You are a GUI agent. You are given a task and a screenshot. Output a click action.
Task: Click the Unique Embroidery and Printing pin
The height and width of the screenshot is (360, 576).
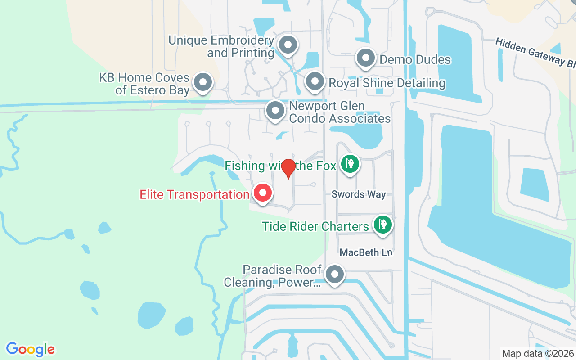pyautogui.click(x=288, y=45)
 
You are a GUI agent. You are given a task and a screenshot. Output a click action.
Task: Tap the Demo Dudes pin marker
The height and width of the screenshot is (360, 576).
pyautogui.click(x=366, y=58)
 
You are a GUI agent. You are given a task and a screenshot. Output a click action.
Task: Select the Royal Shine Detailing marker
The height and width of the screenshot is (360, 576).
pyautogui.click(x=315, y=82)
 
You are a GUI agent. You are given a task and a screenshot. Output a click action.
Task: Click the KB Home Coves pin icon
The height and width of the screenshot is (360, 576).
pyautogui.click(x=202, y=82)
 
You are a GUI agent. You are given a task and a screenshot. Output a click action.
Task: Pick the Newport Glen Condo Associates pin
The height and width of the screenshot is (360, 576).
pyautogui.click(x=275, y=110)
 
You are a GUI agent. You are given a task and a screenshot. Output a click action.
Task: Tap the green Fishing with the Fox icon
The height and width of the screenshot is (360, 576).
pyautogui.click(x=350, y=164)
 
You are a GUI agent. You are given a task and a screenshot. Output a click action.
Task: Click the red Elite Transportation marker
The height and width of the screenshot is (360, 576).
pyautogui.click(x=263, y=193)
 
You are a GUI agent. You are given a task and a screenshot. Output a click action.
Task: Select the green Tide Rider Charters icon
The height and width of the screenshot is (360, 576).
pyautogui.click(x=382, y=224)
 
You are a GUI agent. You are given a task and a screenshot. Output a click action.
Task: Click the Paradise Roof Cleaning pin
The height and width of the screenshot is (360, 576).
pyautogui.click(x=334, y=274)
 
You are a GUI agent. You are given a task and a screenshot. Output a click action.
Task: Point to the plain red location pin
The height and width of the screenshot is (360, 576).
pyautogui.click(x=288, y=168)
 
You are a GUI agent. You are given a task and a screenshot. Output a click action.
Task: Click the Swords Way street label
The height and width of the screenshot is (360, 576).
pyautogui.click(x=359, y=194)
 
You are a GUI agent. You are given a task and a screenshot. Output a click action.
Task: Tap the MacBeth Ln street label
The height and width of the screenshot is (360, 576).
pyautogui.click(x=366, y=252)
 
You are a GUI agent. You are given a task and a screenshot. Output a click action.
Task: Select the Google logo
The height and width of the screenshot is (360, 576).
pyautogui.click(x=30, y=349)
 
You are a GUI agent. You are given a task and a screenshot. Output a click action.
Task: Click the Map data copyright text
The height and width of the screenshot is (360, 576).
pyautogui.click(x=538, y=353)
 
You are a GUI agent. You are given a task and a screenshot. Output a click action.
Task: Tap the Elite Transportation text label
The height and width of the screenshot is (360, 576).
pyautogui.click(x=194, y=195)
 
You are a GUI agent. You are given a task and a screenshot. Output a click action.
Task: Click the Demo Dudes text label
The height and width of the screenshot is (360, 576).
pyautogui.click(x=415, y=59)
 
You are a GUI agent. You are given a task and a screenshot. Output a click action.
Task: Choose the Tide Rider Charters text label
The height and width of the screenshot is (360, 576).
pyautogui.click(x=315, y=226)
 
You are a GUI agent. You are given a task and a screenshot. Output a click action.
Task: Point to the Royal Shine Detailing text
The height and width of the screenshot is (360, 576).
pyautogui.click(x=387, y=83)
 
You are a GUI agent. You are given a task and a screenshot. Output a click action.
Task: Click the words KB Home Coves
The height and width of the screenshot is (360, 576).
pyautogui.click(x=144, y=77)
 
